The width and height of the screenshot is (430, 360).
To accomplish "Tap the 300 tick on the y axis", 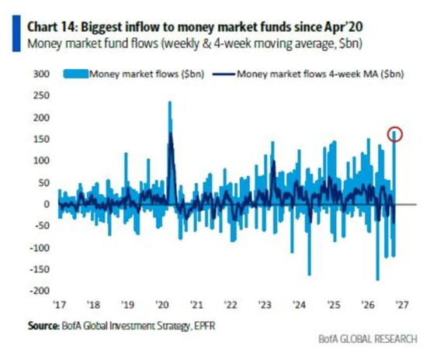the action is click(41, 74).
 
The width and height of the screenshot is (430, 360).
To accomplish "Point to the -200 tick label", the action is click(40, 291).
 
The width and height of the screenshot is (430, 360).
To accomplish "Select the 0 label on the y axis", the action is click(47, 204).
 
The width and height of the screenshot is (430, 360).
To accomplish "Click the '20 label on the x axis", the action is click(161, 305).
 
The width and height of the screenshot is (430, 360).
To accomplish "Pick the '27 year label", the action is click(402, 305).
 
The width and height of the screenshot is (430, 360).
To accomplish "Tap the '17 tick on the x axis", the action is click(59, 305).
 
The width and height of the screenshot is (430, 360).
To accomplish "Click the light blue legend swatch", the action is click(76, 74).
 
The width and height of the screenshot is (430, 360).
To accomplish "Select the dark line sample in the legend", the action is click(224, 74).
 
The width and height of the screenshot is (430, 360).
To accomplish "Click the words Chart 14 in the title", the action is click(51, 27).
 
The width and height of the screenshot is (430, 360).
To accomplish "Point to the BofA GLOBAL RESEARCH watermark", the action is click(368, 339).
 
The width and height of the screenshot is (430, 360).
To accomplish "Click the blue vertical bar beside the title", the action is click(16, 33).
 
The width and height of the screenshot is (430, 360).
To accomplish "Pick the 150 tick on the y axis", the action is click(41, 139).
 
